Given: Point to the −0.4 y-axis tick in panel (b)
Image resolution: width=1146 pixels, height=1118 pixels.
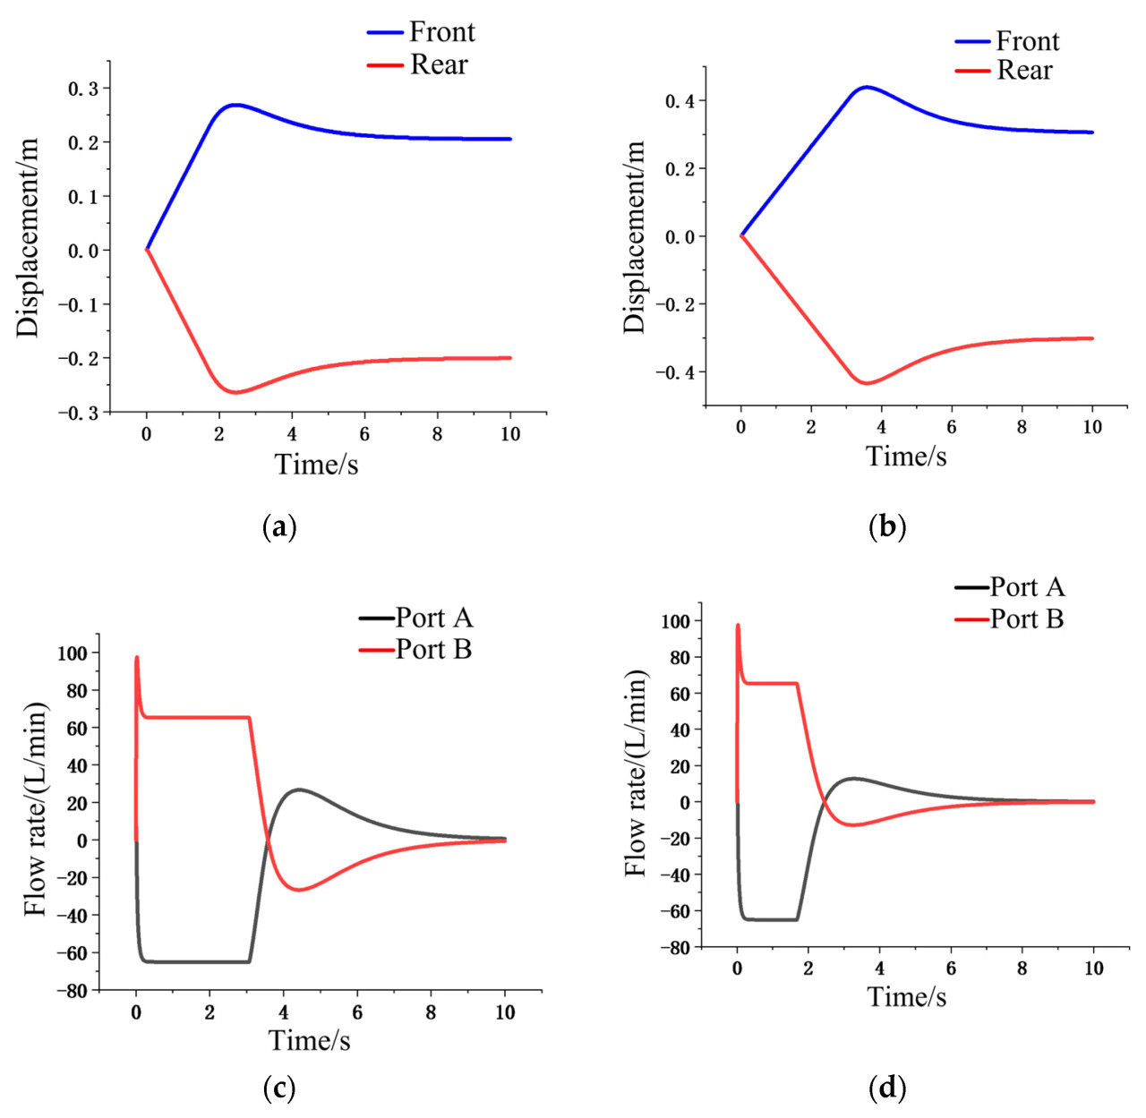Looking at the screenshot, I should click(679, 372).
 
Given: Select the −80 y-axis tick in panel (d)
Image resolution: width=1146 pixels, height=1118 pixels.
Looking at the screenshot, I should click(672, 947).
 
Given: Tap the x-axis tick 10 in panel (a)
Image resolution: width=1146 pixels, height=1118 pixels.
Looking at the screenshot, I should click(510, 434).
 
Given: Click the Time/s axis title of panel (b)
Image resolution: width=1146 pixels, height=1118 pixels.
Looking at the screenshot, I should click(906, 457).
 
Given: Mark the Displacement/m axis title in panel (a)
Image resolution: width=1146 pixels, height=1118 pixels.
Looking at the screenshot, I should click(29, 237).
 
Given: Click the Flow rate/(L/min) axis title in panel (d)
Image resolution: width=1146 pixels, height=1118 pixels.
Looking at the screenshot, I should click(635, 773).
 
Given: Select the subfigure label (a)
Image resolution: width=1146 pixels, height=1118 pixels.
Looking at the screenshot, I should click(278, 526).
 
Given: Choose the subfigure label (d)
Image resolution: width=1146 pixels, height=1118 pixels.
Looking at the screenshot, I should click(887, 1088).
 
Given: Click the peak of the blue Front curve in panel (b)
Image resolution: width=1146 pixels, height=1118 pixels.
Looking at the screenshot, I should click(866, 87).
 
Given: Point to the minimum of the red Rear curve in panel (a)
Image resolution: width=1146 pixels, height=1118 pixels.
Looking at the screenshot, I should click(236, 392).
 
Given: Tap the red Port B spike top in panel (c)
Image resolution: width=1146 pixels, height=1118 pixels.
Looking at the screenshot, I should click(137, 657).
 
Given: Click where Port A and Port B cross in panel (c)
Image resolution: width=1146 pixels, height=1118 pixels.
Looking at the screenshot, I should click(267, 840).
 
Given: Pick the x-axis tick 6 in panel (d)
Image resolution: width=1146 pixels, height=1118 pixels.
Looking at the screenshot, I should click(951, 969).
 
